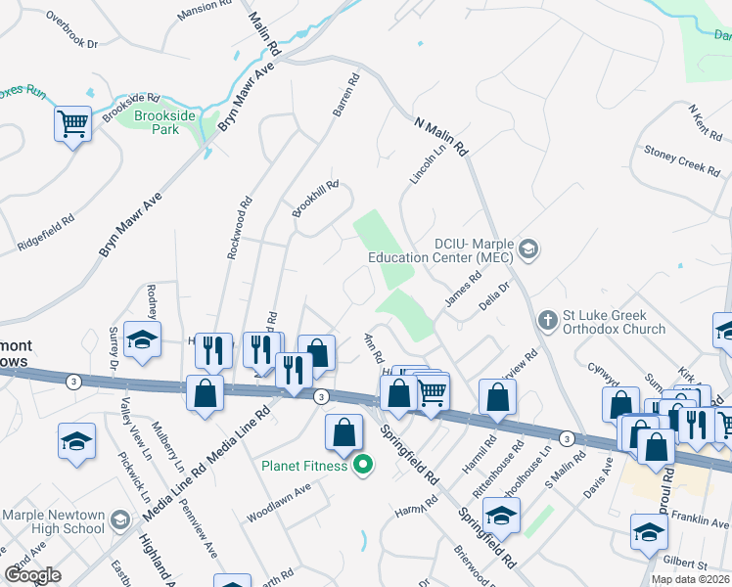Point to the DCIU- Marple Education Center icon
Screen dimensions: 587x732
click(529, 249)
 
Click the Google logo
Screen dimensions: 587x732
click(33, 575)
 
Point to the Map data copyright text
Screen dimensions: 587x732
click(690, 579)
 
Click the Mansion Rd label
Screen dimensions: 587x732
click(204, 11)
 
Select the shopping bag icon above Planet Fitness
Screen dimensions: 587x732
click(343, 433)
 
